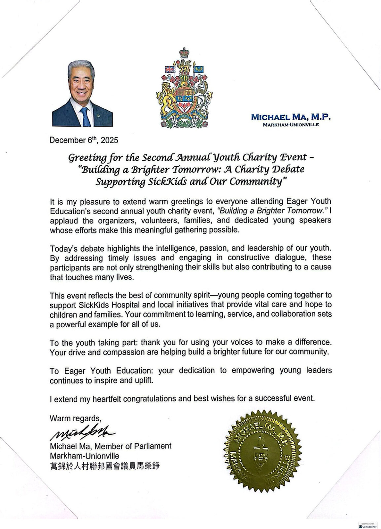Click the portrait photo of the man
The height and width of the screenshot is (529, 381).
click(82, 93)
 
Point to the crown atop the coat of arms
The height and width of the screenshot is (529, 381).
click(183, 53)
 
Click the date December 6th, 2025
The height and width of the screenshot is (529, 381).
click(84, 140)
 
